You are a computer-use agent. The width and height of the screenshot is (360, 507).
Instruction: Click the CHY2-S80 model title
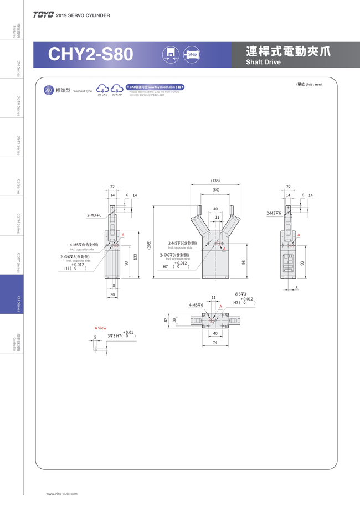coord(90,54)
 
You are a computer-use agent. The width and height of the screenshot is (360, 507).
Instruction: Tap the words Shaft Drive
coord(263,62)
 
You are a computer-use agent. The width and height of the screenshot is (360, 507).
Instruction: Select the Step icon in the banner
coord(192,54)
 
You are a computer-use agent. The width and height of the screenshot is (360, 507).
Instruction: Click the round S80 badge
coord(48,90)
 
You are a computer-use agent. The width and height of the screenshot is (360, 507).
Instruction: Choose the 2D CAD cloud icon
coord(102,89)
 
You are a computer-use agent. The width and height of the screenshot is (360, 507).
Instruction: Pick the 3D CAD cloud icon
coord(117,89)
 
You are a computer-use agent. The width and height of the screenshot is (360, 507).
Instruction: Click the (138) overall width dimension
coord(215,180)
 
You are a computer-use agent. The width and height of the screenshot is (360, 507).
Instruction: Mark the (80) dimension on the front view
coord(215,190)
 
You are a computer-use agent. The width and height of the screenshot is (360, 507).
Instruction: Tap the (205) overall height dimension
coord(149,245)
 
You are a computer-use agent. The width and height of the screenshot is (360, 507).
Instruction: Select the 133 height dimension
coord(135,257)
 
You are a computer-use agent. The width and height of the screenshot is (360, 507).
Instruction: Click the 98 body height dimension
coord(244,262)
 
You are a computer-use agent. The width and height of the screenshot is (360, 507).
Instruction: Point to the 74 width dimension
coord(215,343)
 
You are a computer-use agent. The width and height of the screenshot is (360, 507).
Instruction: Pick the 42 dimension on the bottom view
coord(166,320)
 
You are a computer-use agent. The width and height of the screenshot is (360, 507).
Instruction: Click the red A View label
coord(100,328)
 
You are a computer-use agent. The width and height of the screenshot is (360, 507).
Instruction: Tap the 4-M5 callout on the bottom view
coord(196,305)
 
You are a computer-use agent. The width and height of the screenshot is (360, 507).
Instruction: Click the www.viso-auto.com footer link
coord(61,493)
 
